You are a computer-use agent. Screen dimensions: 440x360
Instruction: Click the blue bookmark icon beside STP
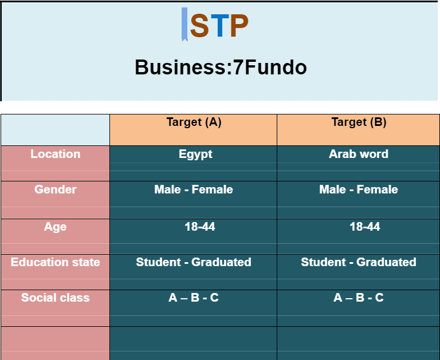tap(184, 25)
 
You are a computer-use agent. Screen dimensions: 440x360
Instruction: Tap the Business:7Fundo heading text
tap(221, 68)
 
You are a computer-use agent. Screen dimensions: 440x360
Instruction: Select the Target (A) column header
tap(194, 122)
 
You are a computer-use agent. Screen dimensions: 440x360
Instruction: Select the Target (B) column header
tap(359, 122)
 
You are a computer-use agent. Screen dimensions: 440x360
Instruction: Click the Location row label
tap(55, 154)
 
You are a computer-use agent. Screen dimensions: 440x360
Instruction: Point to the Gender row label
tap(55, 189)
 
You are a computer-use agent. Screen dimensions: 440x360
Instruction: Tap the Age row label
tap(55, 227)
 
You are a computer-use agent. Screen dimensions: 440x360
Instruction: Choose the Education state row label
tap(55, 262)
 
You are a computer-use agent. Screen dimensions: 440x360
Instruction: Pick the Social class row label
tap(55, 298)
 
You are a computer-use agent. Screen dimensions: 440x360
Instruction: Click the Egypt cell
tap(195, 155)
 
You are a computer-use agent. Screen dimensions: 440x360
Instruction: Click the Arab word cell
tap(359, 154)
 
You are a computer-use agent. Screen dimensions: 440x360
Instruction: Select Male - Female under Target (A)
tap(194, 189)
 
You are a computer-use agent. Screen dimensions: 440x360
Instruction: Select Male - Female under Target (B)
tap(359, 189)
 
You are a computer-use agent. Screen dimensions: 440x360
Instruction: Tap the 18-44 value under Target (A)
tap(200, 227)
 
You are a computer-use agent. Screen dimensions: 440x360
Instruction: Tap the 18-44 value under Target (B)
tap(365, 227)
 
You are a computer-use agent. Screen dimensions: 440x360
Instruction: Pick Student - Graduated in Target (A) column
tap(194, 262)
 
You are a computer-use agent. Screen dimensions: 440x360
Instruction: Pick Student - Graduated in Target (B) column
tap(359, 262)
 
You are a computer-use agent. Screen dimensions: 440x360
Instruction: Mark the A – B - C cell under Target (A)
tap(194, 298)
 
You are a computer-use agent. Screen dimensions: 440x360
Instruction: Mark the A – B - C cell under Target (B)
tap(359, 298)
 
